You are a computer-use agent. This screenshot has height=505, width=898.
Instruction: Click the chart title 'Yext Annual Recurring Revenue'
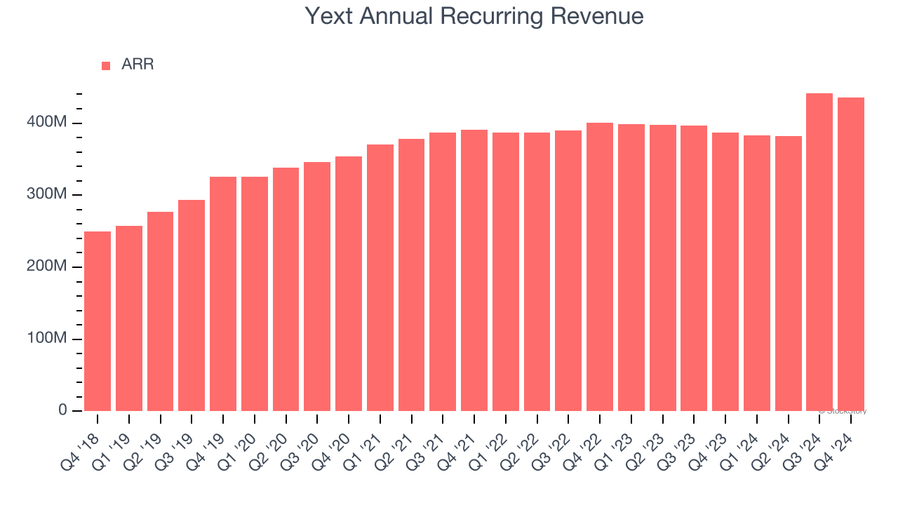tap(474, 15)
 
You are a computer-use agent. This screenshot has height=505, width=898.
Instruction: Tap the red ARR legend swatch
tap(106, 65)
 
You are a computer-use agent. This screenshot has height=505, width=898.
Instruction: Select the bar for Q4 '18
tap(98, 321)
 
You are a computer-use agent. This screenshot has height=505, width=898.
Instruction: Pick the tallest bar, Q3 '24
tap(819, 252)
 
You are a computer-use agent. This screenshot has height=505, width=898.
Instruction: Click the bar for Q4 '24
tap(851, 255)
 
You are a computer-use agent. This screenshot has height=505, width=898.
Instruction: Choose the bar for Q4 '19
tap(223, 294)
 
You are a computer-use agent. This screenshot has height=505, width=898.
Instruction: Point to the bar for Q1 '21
tap(380, 278)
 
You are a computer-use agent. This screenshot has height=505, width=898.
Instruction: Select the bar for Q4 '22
tap(600, 267)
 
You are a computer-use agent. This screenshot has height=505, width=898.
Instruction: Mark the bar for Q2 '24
tap(788, 274)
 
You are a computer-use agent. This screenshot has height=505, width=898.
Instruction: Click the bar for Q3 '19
tap(192, 306)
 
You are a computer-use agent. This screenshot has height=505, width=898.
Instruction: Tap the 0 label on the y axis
tap(62, 410)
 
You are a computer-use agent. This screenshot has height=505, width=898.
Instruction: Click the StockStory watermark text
tap(845, 411)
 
